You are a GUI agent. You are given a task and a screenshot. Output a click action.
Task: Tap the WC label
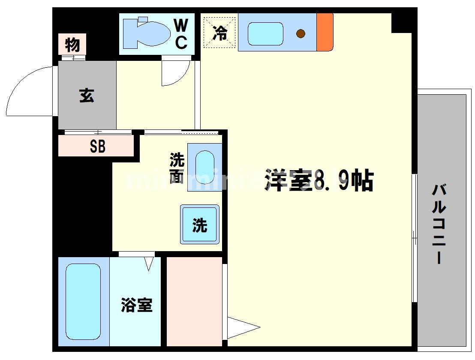181,34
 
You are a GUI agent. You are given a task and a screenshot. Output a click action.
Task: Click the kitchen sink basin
265,33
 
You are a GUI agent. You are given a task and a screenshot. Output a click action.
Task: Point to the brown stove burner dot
301,33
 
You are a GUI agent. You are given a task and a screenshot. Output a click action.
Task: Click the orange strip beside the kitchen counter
325,32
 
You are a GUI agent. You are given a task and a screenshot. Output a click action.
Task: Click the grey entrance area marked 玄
87,95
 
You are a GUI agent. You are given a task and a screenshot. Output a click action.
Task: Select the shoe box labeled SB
97,147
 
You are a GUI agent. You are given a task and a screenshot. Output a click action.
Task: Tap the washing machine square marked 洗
200,225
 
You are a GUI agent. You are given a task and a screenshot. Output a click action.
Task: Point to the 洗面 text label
177,168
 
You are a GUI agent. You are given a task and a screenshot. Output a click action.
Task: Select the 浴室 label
136,305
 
